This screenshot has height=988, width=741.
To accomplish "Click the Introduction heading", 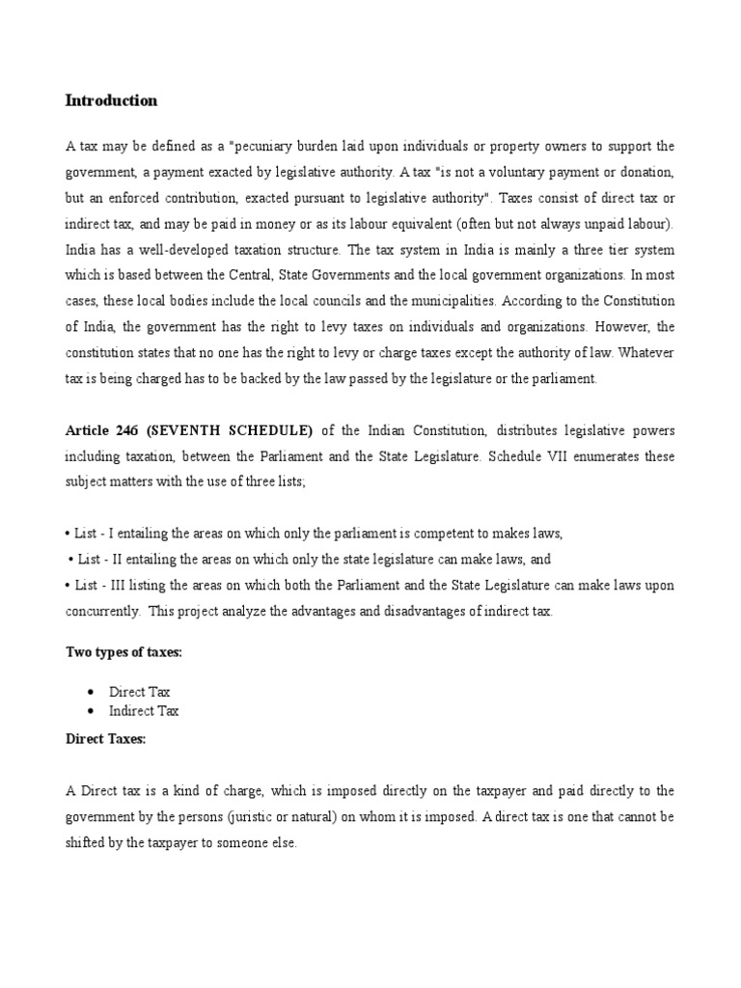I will (111, 101).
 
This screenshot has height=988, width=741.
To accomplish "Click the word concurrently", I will (101, 613).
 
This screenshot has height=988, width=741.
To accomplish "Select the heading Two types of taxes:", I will (123, 653).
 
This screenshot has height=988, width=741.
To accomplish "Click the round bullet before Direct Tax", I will (90, 693).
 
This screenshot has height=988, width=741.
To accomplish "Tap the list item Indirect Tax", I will (144, 711).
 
